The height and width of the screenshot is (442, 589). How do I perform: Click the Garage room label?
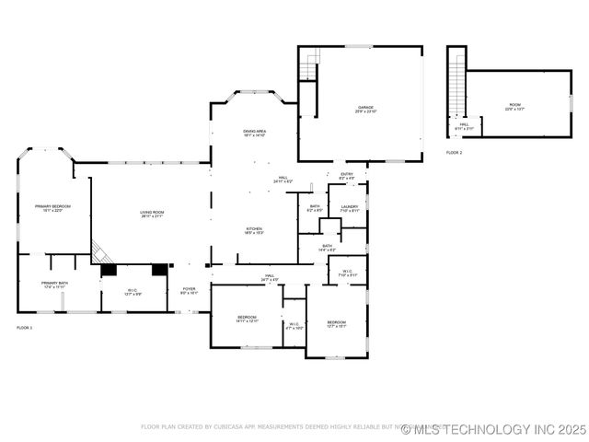tap(366, 109)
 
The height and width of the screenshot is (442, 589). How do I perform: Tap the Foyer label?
tap(189, 290)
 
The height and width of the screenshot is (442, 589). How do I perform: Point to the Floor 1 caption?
tap(24, 328)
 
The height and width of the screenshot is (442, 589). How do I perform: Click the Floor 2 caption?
tap(455, 152)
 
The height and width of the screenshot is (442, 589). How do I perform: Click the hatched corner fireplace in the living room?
tap(100, 252)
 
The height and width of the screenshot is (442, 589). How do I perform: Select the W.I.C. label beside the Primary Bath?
tap(133, 292)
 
